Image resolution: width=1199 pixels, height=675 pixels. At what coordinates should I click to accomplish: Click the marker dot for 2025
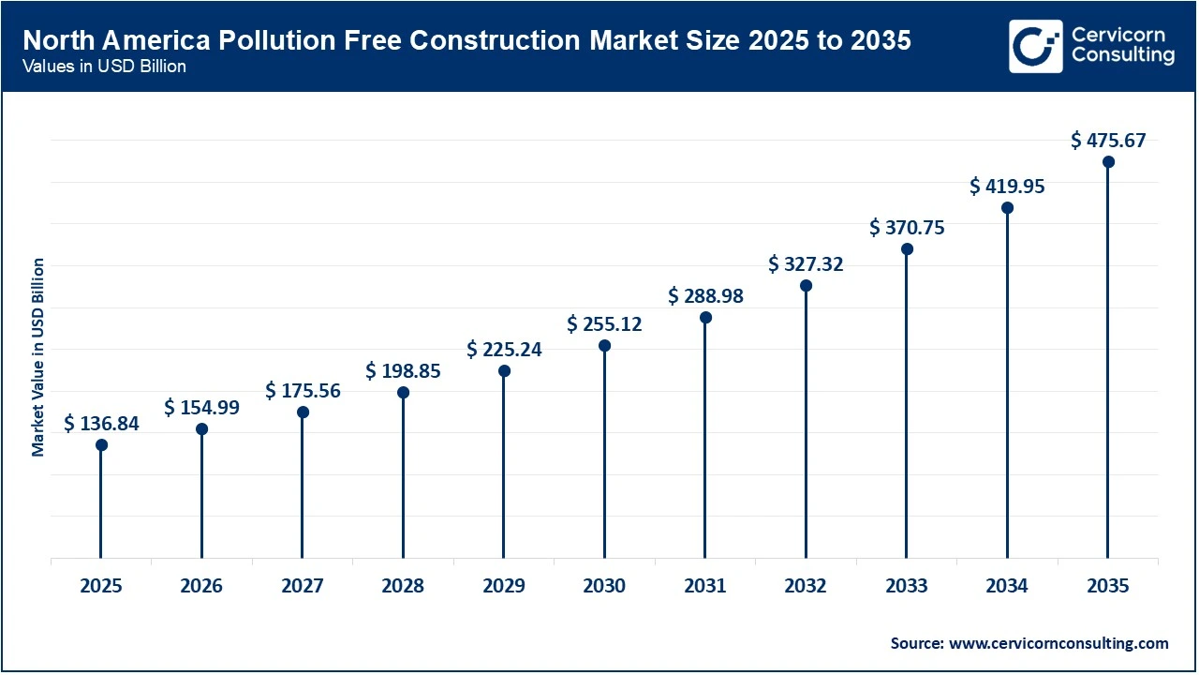[101, 444]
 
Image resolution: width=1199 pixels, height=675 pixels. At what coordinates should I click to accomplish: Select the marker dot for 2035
[1108, 162]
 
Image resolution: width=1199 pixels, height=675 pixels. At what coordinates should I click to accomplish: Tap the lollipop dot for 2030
[604, 346]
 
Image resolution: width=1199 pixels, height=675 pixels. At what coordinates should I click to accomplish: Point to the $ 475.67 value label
[1108, 141]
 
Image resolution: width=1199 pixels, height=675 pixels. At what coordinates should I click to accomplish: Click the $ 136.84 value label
[101, 424]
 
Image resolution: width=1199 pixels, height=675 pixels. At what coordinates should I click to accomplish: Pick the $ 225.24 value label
[504, 350]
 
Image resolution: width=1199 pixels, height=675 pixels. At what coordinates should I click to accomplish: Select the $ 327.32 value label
[806, 264]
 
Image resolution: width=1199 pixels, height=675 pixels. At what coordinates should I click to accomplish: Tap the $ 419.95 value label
[1007, 187]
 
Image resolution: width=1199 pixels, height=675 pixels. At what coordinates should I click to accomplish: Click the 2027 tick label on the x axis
[302, 586]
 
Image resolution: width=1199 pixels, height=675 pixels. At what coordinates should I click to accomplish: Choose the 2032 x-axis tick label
[806, 586]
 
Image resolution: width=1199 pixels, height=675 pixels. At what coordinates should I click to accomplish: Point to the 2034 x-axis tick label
[1007, 586]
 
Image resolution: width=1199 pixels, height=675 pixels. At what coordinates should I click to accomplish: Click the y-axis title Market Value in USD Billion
[38, 356]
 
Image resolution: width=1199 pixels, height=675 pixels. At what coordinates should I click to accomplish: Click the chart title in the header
[466, 40]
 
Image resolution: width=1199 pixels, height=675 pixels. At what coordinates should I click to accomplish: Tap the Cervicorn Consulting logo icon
[1035, 46]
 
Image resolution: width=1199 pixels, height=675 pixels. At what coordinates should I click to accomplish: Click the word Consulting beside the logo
[1122, 56]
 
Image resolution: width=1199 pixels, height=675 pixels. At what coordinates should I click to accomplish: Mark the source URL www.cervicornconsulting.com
[1058, 643]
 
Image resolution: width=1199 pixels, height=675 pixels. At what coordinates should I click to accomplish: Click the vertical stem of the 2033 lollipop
[907, 403]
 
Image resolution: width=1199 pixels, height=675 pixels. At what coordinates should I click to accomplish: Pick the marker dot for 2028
[403, 392]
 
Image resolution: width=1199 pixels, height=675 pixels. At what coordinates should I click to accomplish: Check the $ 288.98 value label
[705, 296]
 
